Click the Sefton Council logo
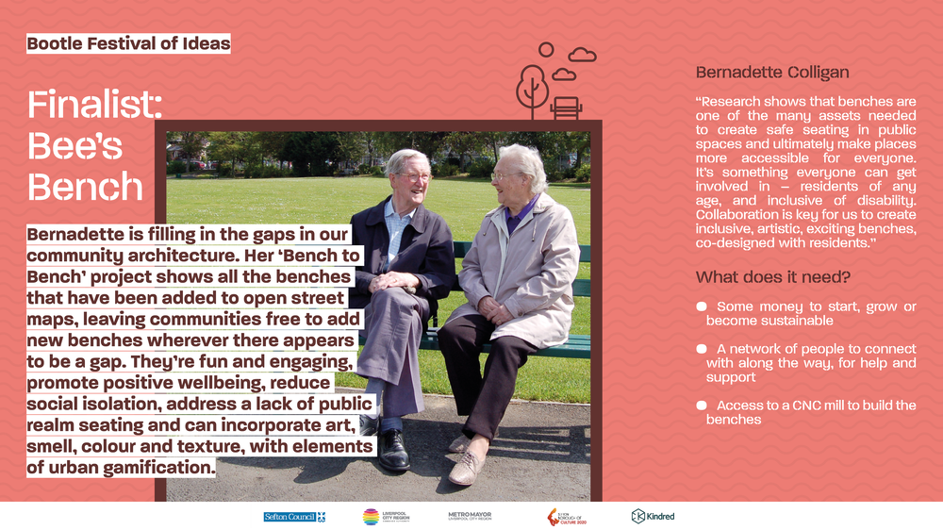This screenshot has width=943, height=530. [x=294, y=517]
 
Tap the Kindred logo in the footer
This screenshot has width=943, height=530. [x=653, y=516]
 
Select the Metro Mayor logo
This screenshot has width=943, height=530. [x=470, y=516]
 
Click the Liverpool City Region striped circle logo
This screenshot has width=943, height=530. [x=371, y=517]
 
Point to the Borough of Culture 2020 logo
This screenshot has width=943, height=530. [x=566, y=517]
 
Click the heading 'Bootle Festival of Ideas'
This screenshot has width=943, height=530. [x=128, y=43]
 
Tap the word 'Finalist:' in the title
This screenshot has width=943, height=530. [x=95, y=104]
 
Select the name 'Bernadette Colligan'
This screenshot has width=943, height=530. [x=772, y=73]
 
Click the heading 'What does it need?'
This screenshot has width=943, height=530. [x=773, y=277]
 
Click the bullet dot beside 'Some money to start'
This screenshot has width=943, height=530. [x=702, y=306]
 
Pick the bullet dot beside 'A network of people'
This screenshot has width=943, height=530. [x=702, y=349]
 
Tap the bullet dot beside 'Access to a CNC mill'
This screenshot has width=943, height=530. [x=702, y=406]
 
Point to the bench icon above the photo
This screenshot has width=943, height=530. [x=566, y=108]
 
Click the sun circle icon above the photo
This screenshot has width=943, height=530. [x=546, y=49]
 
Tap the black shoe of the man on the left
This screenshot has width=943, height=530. [x=393, y=451]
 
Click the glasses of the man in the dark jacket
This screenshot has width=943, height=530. [x=416, y=176]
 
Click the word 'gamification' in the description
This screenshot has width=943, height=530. [x=158, y=468]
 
